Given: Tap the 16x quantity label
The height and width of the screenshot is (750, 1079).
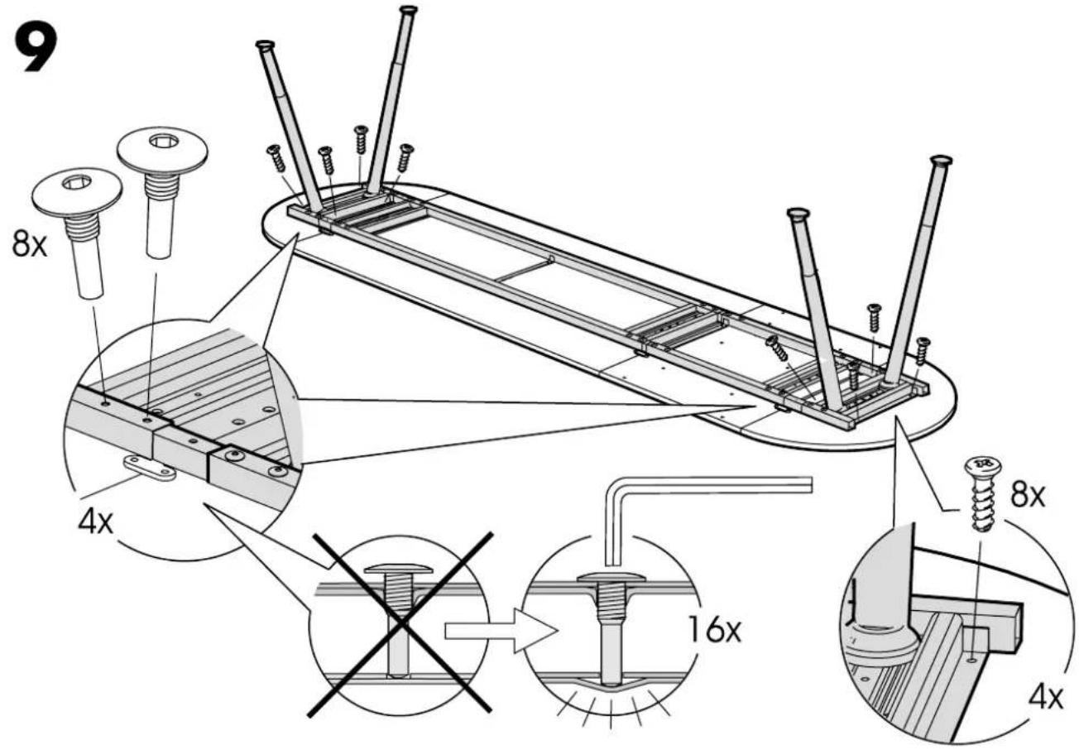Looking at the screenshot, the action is [x=715, y=629].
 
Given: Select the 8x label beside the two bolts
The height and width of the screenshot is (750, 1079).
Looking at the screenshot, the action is [x=30, y=244].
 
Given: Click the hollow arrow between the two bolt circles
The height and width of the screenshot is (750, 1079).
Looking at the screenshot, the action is [x=501, y=631].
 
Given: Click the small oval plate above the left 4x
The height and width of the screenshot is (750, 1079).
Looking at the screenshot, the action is [x=149, y=468].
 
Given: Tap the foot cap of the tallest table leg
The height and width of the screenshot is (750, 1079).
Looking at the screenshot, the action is [x=409, y=9].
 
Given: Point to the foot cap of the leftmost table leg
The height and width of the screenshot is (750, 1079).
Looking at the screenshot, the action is [x=265, y=45].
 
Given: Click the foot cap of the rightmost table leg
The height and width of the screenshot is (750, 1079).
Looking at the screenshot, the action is [x=942, y=160].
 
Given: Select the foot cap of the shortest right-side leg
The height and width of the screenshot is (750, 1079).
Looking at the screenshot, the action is [x=798, y=213].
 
